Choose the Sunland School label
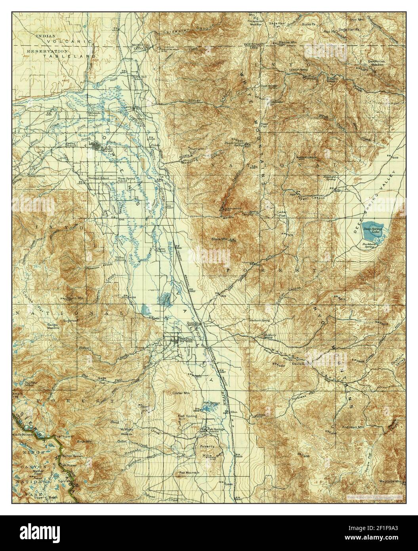tap(99, 178)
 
